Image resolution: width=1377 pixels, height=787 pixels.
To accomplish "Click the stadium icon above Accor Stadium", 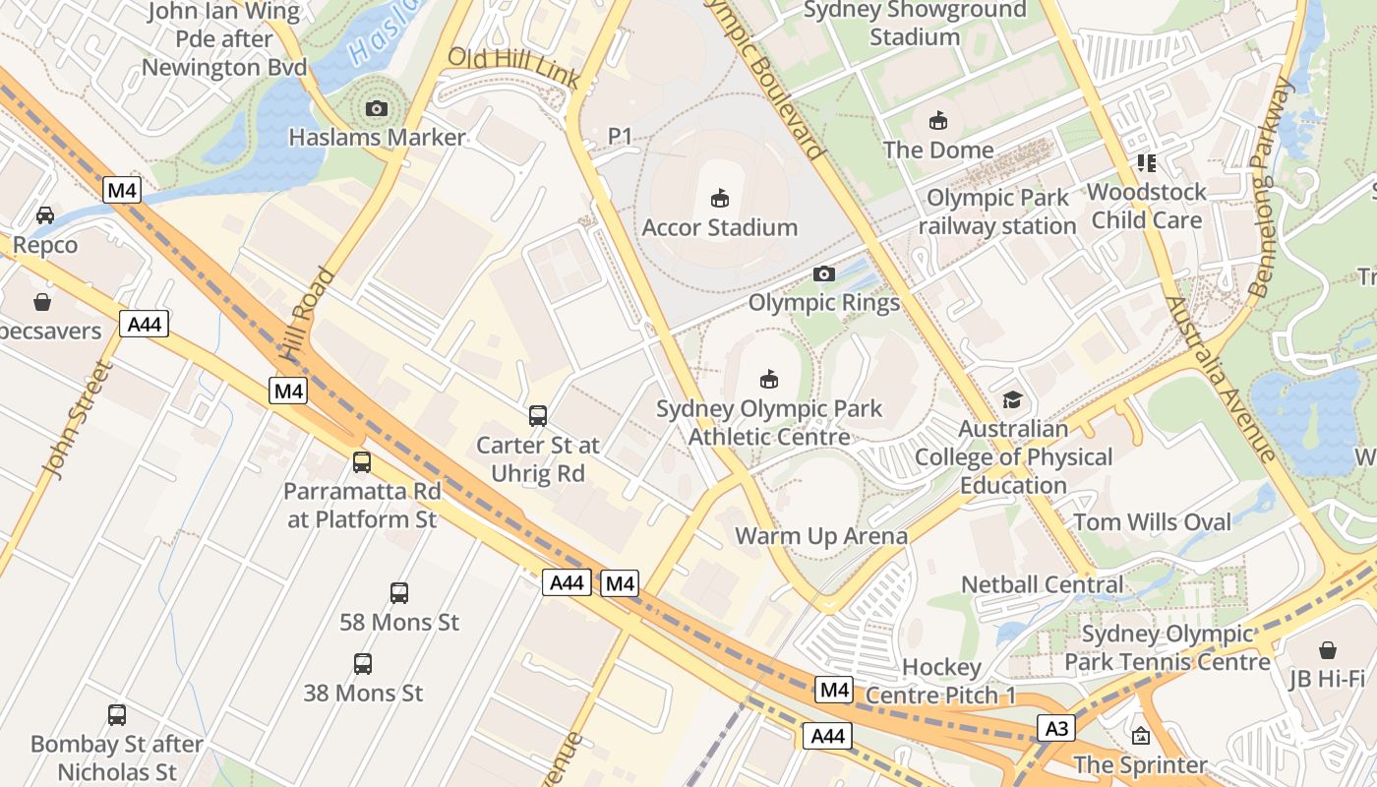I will pos(720,198).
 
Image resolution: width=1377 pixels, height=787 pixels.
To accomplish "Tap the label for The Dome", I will pos(937,150).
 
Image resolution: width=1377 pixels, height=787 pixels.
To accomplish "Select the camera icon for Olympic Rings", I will pos(824,273).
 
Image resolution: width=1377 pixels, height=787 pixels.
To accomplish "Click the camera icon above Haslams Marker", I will pos(376,108).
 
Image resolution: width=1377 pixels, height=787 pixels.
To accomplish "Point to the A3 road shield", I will pos(1055,729).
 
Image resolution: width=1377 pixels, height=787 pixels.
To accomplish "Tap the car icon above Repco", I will pos(45,214).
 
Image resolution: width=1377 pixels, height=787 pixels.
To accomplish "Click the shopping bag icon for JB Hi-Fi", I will pos(1327,650).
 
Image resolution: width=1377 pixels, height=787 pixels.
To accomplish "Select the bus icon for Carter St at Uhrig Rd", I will pos(537,415).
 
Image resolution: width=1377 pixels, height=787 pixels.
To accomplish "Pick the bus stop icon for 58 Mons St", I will pos(398,592).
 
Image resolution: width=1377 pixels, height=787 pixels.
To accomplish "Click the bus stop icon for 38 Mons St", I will pos(362,664).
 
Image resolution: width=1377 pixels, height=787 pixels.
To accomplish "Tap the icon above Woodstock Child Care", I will pos(1146,162).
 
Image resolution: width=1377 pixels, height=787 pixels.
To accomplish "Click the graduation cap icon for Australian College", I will pos(1012,399).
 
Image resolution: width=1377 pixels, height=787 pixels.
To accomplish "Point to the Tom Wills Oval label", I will pos(1152,521).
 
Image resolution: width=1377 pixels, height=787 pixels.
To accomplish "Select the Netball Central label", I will pos(1042,584).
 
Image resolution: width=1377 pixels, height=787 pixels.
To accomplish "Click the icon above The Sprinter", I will pos(1140,735).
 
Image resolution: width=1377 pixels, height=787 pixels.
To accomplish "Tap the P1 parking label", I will pos(620,136).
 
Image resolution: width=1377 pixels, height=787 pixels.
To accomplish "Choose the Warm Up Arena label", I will pos(821,536).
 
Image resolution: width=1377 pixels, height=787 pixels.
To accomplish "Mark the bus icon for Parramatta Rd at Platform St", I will pos(361,461).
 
